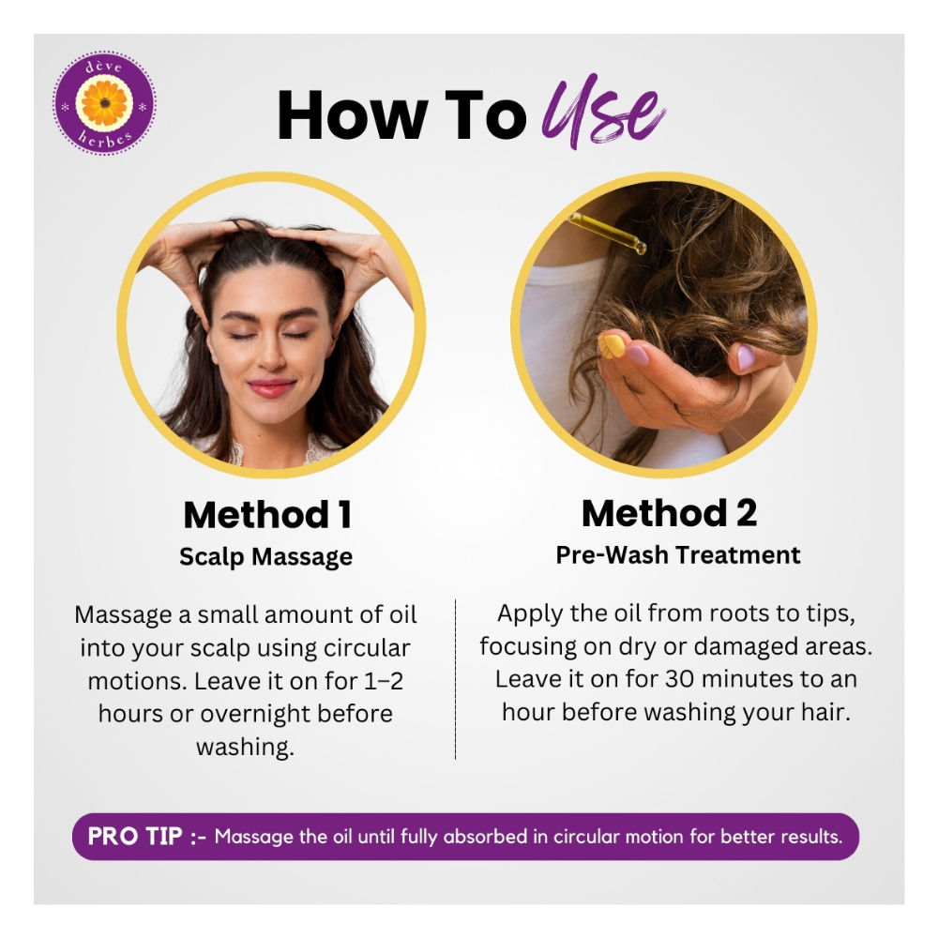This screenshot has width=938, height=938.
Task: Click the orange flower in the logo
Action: pos(105,103)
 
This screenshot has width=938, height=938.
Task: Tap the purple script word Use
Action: pos(603,111)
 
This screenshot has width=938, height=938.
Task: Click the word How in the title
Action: pos(353,114)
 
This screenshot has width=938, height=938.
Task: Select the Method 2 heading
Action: pos(669,513)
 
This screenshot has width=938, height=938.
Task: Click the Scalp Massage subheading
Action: pos(266,557)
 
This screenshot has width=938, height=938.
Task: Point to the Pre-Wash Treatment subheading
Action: pos(678,555)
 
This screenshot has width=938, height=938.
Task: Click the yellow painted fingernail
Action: pos(612,346)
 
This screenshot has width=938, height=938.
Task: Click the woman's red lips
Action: pos(272,387)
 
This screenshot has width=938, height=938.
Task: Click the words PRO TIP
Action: pos(134,837)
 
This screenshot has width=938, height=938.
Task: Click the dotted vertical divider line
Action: pos(455,679)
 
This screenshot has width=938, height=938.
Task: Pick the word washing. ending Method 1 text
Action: pos(245,748)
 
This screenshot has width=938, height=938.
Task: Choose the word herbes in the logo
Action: pos(105,139)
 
